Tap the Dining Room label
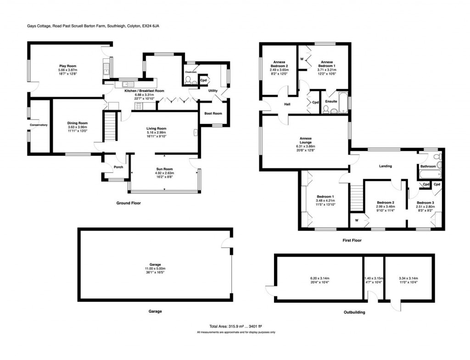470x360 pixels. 77,123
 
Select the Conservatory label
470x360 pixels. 39,125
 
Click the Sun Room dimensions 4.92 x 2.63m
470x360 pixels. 165,174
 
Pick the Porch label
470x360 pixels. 112,167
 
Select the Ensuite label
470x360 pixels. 331,101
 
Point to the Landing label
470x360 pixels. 385,166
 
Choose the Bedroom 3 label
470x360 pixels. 425,202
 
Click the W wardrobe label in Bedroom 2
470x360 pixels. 357,219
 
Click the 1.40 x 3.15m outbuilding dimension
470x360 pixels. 373,279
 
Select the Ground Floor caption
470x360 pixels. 129,203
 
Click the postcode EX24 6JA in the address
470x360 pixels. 151,26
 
